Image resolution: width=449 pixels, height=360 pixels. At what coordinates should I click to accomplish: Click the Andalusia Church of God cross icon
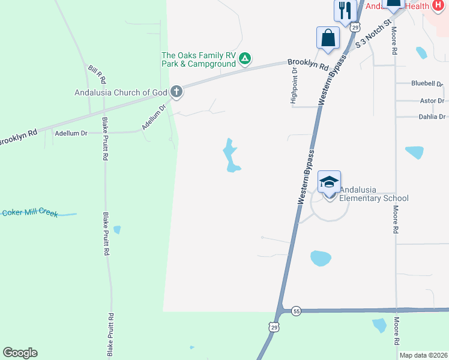point(176,92)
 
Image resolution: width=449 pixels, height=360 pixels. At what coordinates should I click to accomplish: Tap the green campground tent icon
point(245,58)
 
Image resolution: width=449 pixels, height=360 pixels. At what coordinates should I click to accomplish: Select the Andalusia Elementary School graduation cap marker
point(329,182)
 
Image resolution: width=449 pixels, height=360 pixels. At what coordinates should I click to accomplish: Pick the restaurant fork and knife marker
point(345,10)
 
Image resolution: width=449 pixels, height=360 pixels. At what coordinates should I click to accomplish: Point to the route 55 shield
point(296,311)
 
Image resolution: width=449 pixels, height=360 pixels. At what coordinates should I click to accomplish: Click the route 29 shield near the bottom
point(274,326)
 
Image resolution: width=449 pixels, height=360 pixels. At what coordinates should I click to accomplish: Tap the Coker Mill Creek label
point(30,213)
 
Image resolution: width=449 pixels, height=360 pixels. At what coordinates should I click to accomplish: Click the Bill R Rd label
point(97,74)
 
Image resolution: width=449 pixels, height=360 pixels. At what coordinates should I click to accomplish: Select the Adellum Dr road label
point(71,133)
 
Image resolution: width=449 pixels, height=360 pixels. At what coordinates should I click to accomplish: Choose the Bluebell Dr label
point(427,83)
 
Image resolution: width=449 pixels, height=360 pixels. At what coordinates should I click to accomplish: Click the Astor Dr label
point(432,101)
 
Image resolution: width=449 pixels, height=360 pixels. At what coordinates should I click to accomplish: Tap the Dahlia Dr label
point(432,117)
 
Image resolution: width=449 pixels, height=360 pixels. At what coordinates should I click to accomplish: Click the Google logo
point(20,353)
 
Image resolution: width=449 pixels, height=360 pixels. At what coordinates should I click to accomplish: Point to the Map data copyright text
point(423,355)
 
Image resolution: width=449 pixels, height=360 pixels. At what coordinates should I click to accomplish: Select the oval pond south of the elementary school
point(321,259)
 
